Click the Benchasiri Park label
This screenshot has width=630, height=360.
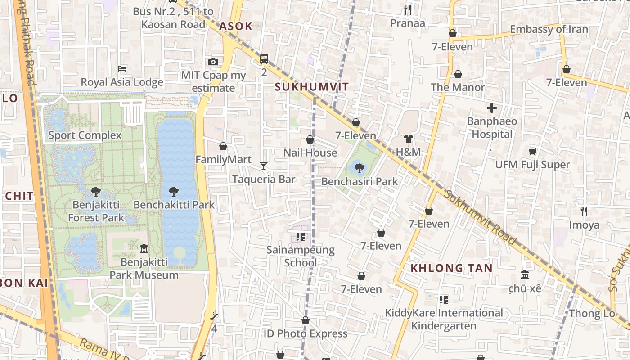[360, 181]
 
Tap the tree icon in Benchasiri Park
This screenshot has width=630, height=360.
[359, 168]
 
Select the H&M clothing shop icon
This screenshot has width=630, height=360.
[408, 139]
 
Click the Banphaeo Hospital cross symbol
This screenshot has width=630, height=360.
[492, 108]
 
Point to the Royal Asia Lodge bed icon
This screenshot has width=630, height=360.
[122, 69]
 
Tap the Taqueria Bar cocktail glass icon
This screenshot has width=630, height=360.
[264, 166]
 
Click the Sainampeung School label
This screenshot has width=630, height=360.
[301, 256]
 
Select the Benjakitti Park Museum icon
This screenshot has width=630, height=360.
[144, 248]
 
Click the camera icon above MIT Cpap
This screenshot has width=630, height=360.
[213, 62]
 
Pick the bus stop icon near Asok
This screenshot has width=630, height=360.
[264, 59]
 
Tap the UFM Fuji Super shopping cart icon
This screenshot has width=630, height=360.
[533, 152]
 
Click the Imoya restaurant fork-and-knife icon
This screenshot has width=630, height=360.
[584, 211]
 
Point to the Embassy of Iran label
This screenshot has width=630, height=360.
[549, 29]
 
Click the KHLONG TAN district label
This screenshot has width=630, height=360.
[451, 268]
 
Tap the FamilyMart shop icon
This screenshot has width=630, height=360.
[223, 146]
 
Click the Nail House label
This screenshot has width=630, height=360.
[310, 153]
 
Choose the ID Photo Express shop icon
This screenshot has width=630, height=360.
[306, 320]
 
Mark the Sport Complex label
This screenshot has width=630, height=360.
[85, 135]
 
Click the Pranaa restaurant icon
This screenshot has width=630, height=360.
[407, 9]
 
